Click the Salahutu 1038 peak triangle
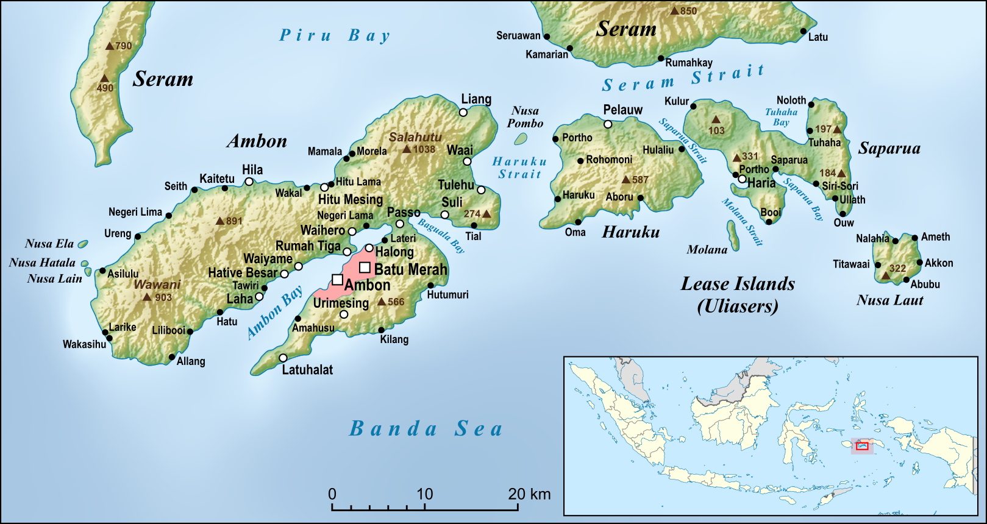coord(406,149)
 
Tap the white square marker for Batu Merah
coord(365,267)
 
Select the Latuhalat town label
coord(307,370)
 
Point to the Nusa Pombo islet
coord(520,139)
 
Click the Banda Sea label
coord(426,429)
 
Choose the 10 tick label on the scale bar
coord(424,494)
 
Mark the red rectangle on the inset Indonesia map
coord(861,446)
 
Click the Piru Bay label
coord(334,36)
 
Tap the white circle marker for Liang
coord(463,112)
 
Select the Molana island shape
coord(733,236)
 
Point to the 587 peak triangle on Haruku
coord(625,180)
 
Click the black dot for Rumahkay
coord(661,58)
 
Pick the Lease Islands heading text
coord(738,284)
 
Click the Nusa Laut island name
coord(889,300)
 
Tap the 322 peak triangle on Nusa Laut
coord(886,275)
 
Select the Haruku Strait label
coord(519,168)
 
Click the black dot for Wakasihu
coord(109,338)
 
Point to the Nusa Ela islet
coord(83,244)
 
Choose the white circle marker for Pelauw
coord(608,124)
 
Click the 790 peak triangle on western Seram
coord(110,46)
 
